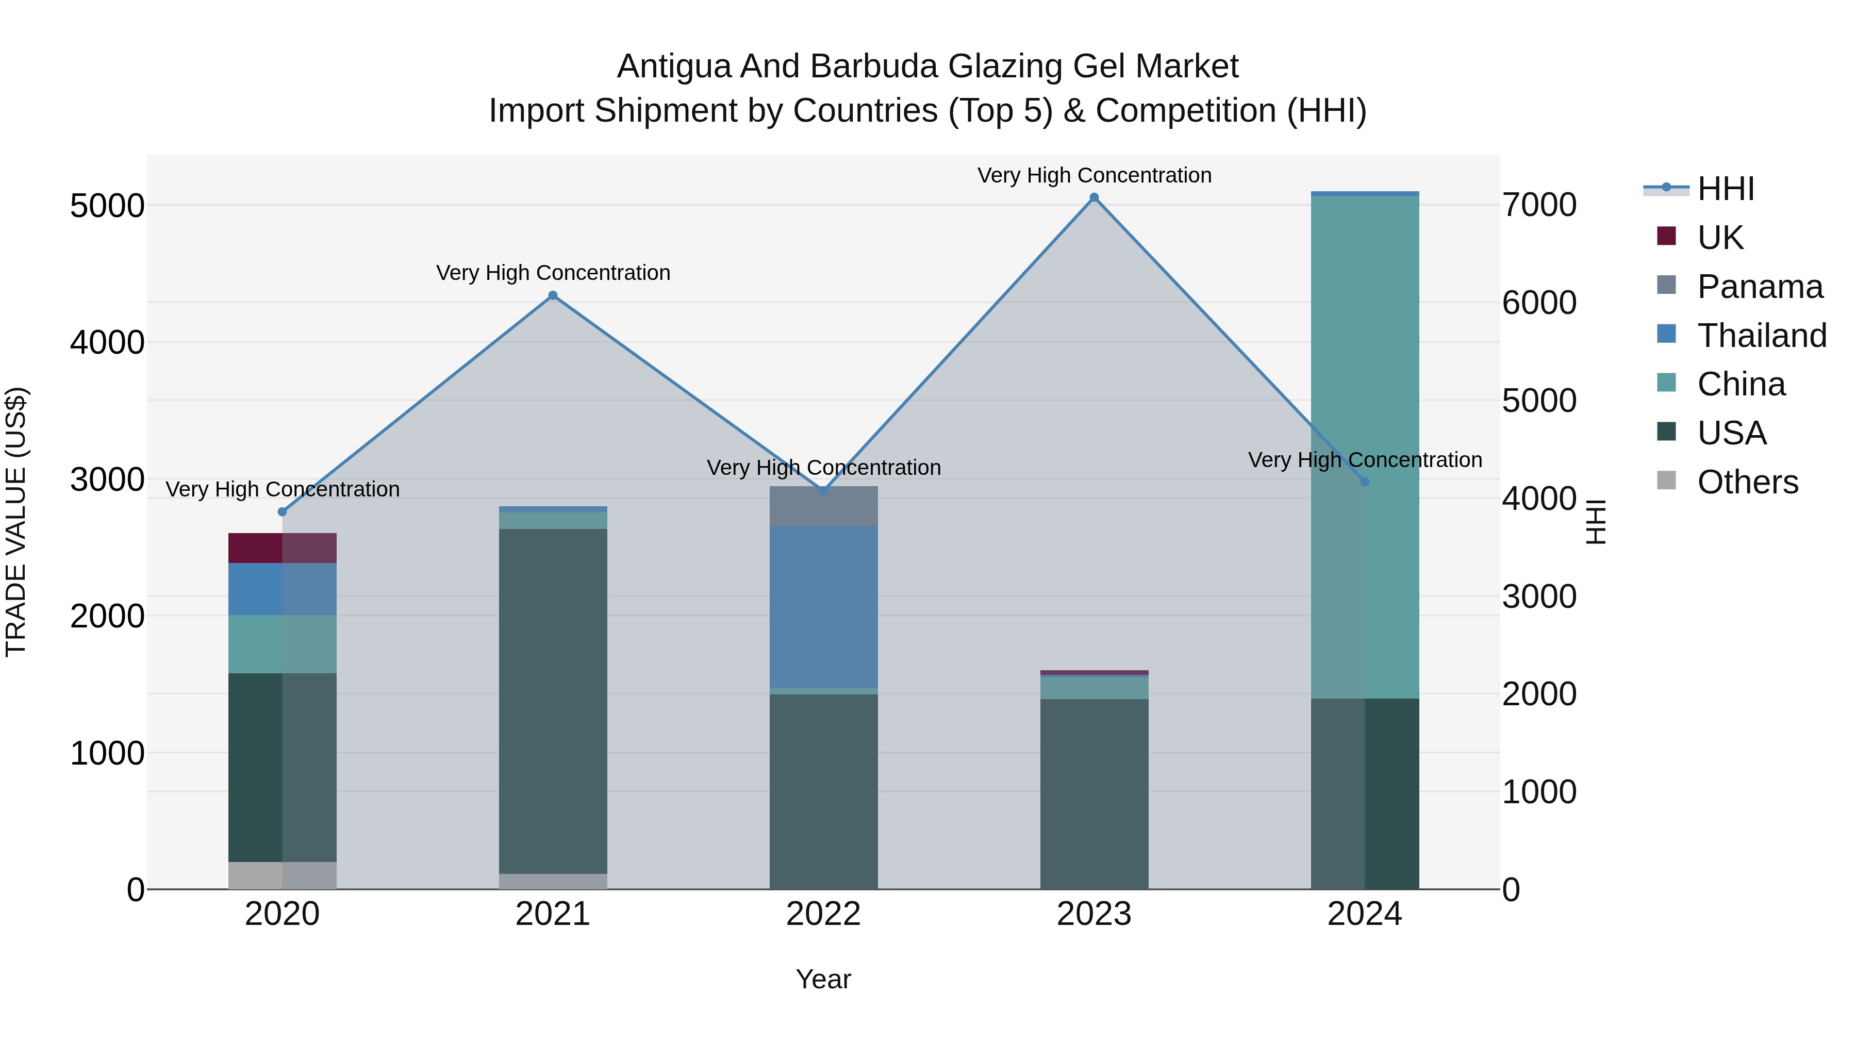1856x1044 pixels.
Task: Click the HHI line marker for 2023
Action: coord(1093,197)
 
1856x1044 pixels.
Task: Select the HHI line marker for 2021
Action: coord(553,295)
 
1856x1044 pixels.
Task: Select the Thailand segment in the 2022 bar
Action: coord(823,607)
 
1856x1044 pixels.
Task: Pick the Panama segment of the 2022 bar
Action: coord(823,506)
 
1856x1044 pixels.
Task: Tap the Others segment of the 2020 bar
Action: coord(283,875)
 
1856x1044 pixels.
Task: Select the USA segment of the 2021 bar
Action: coord(553,701)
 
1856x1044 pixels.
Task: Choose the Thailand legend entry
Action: coord(1762,336)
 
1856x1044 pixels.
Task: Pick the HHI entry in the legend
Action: coord(1726,189)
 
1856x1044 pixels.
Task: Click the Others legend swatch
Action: coord(1666,480)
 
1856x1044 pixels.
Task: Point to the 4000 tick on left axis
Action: coord(107,343)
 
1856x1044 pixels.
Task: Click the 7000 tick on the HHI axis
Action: coord(1539,205)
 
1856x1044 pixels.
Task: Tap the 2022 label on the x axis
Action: coord(823,914)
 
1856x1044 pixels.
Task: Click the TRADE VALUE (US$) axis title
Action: coord(16,522)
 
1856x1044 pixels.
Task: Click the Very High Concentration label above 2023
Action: coord(1093,176)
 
